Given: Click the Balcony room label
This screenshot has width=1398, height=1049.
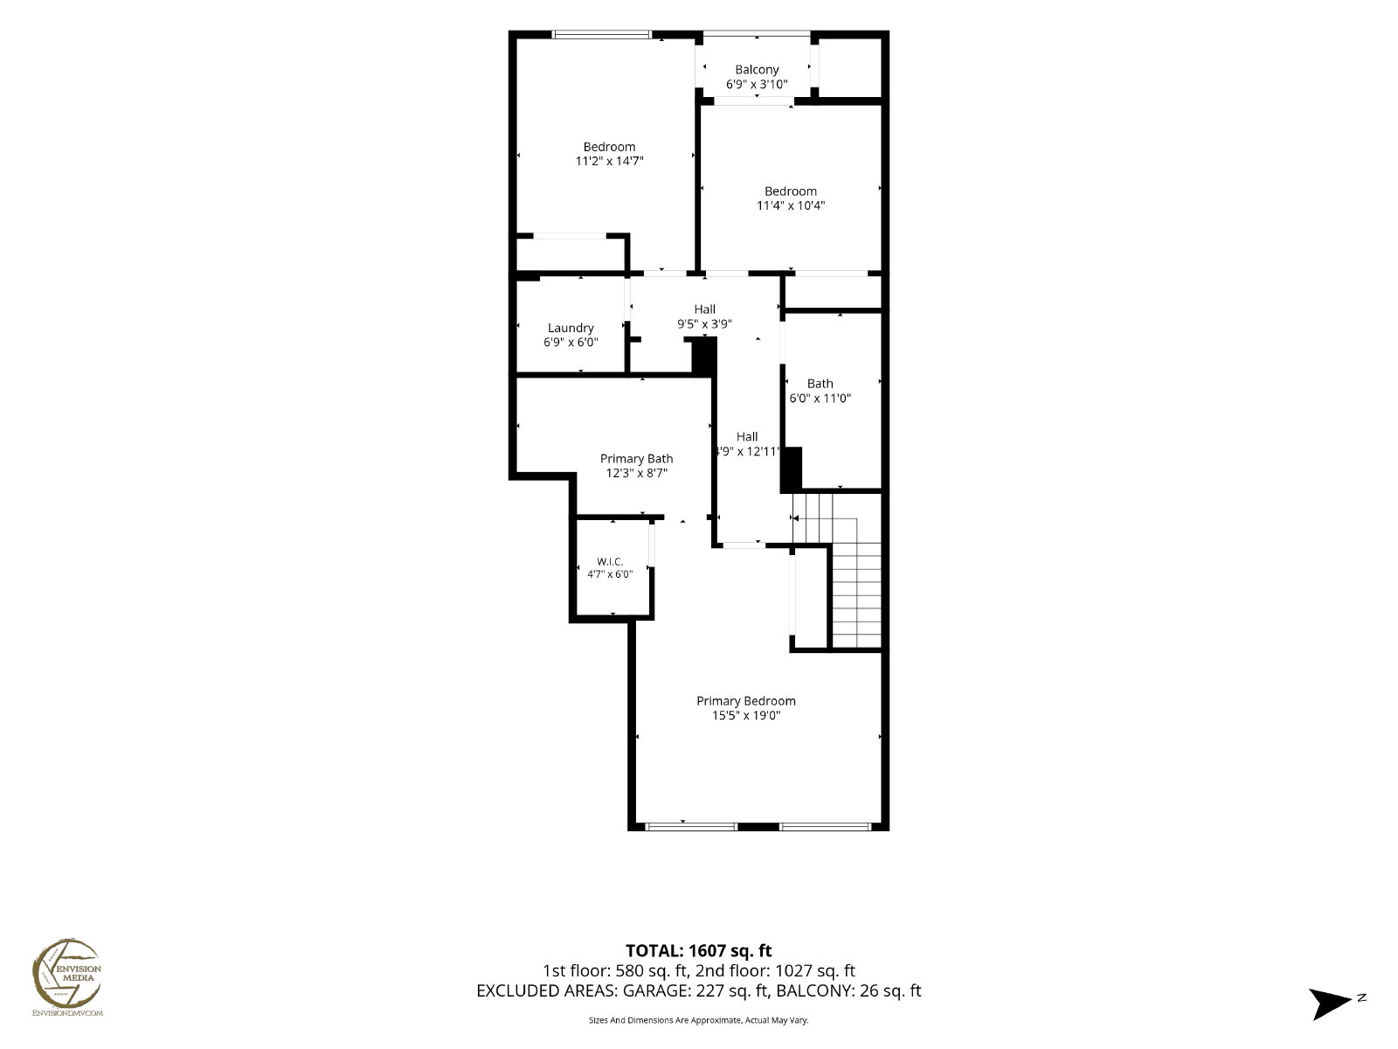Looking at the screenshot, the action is (x=757, y=69).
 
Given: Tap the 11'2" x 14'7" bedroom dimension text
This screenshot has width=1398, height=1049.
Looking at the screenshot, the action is (x=610, y=161).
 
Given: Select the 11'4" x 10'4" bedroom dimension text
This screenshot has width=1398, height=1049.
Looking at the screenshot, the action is (x=791, y=205).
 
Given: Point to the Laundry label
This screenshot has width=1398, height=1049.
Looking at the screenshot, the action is (x=571, y=328).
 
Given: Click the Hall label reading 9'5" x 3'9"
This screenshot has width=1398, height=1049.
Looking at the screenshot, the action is (x=704, y=316).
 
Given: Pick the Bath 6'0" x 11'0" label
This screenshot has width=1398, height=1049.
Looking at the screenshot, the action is (x=820, y=391).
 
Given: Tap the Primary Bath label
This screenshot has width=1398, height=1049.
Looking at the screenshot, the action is (x=636, y=459).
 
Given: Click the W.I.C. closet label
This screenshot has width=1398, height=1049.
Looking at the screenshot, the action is (x=610, y=562).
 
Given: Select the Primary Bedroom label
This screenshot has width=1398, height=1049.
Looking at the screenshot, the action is (x=746, y=700).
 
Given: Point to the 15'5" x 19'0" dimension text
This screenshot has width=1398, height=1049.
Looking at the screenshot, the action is (x=746, y=715).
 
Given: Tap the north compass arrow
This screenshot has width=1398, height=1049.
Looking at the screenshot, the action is (x=1330, y=1004).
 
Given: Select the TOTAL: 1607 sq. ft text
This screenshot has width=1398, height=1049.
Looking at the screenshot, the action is (x=699, y=951).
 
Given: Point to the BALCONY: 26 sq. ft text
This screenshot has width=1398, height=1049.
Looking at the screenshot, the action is (x=848, y=990).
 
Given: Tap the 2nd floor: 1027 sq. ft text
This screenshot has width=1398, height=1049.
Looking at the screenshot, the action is (x=775, y=970).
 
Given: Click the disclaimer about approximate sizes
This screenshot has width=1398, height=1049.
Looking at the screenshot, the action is (x=699, y=1020).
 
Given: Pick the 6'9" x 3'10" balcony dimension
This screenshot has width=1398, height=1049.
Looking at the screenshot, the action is (x=757, y=84).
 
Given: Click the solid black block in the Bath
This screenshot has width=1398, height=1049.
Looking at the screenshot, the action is (x=791, y=469).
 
